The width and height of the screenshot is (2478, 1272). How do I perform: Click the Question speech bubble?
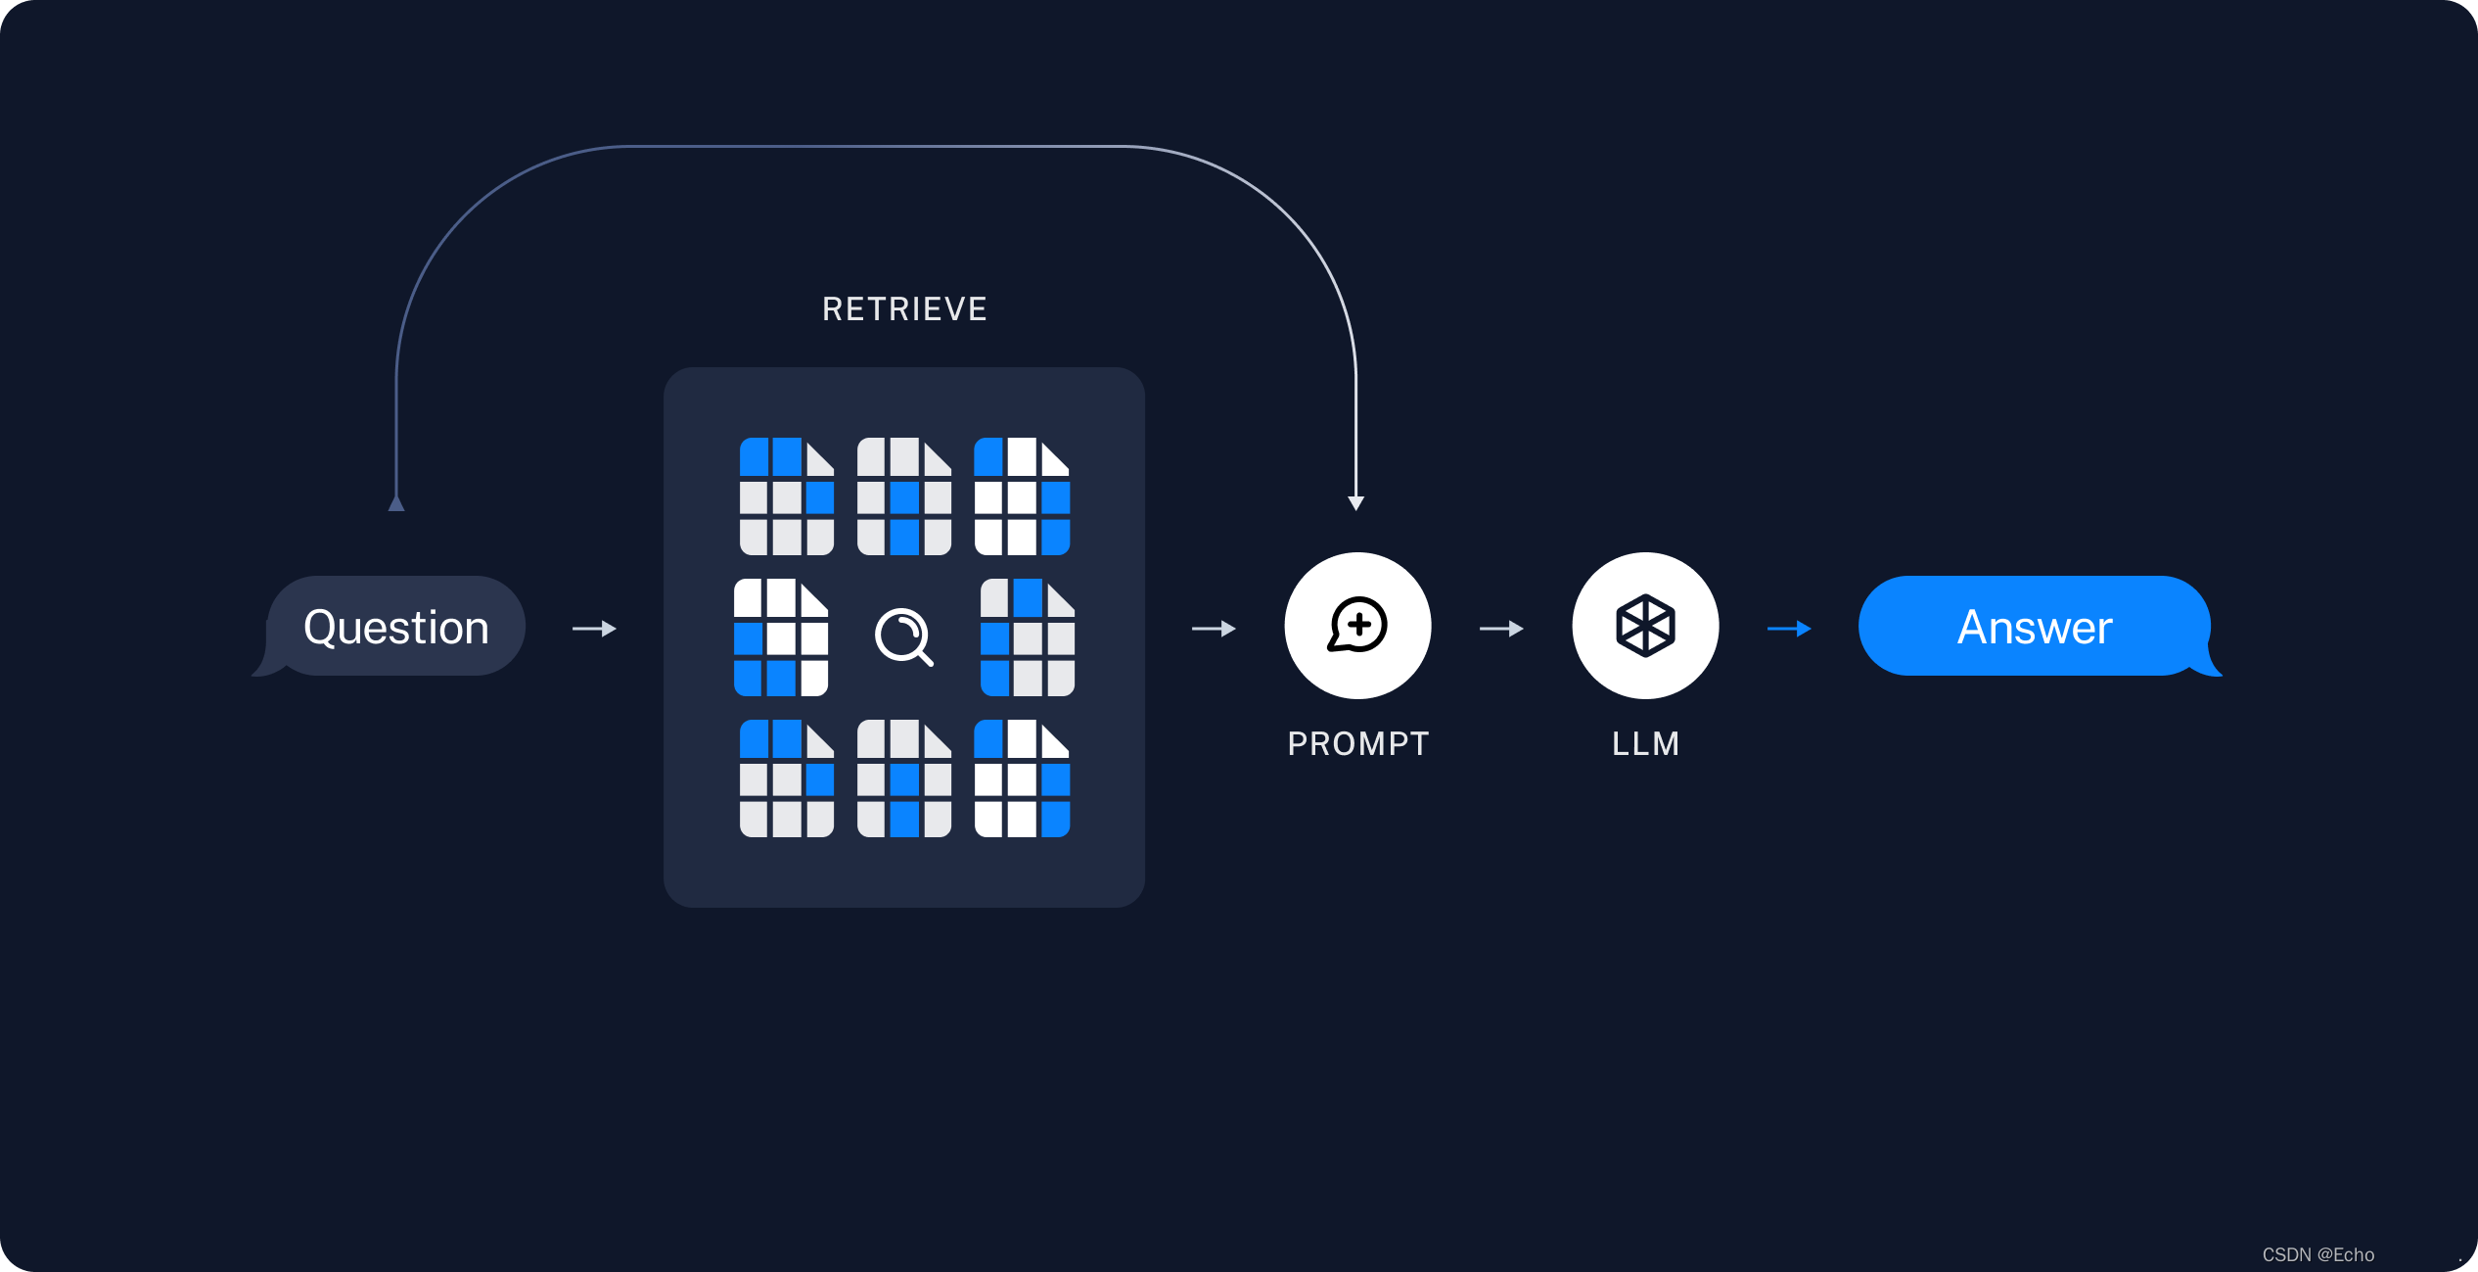click(x=395, y=627)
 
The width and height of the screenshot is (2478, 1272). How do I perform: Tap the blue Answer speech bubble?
click(x=2035, y=627)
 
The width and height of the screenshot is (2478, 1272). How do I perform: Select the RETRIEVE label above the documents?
click(x=904, y=309)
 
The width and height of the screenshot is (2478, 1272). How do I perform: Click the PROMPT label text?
click(x=1357, y=744)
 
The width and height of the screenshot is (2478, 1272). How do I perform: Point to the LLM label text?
click(x=1645, y=744)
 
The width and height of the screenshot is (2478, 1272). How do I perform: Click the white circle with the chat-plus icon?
click(x=1357, y=626)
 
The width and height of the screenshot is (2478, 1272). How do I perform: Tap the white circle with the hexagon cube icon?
click(x=1645, y=626)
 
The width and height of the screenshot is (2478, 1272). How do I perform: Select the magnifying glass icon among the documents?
click(x=903, y=637)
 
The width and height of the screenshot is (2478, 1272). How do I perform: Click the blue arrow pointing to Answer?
click(x=1789, y=629)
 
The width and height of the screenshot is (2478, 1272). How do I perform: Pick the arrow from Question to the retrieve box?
click(x=594, y=629)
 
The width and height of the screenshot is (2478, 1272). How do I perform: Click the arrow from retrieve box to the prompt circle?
click(x=1214, y=629)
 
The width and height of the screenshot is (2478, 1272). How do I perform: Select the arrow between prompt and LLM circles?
click(x=1501, y=629)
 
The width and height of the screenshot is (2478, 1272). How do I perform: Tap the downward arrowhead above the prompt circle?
click(x=1355, y=502)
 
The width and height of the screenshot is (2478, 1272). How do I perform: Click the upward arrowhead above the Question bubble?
click(x=396, y=502)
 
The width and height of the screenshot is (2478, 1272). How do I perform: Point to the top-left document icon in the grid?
click(x=786, y=496)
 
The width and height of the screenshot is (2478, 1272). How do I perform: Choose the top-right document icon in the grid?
click(x=1022, y=496)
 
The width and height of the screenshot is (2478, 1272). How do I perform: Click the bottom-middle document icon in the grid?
click(x=903, y=778)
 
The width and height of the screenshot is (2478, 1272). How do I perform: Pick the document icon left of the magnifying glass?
click(x=781, y=637)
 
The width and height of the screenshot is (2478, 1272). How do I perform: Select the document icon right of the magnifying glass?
click(x=1027, y=637)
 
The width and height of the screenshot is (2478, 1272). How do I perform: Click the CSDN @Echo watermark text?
click(x=2317, y=1254)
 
